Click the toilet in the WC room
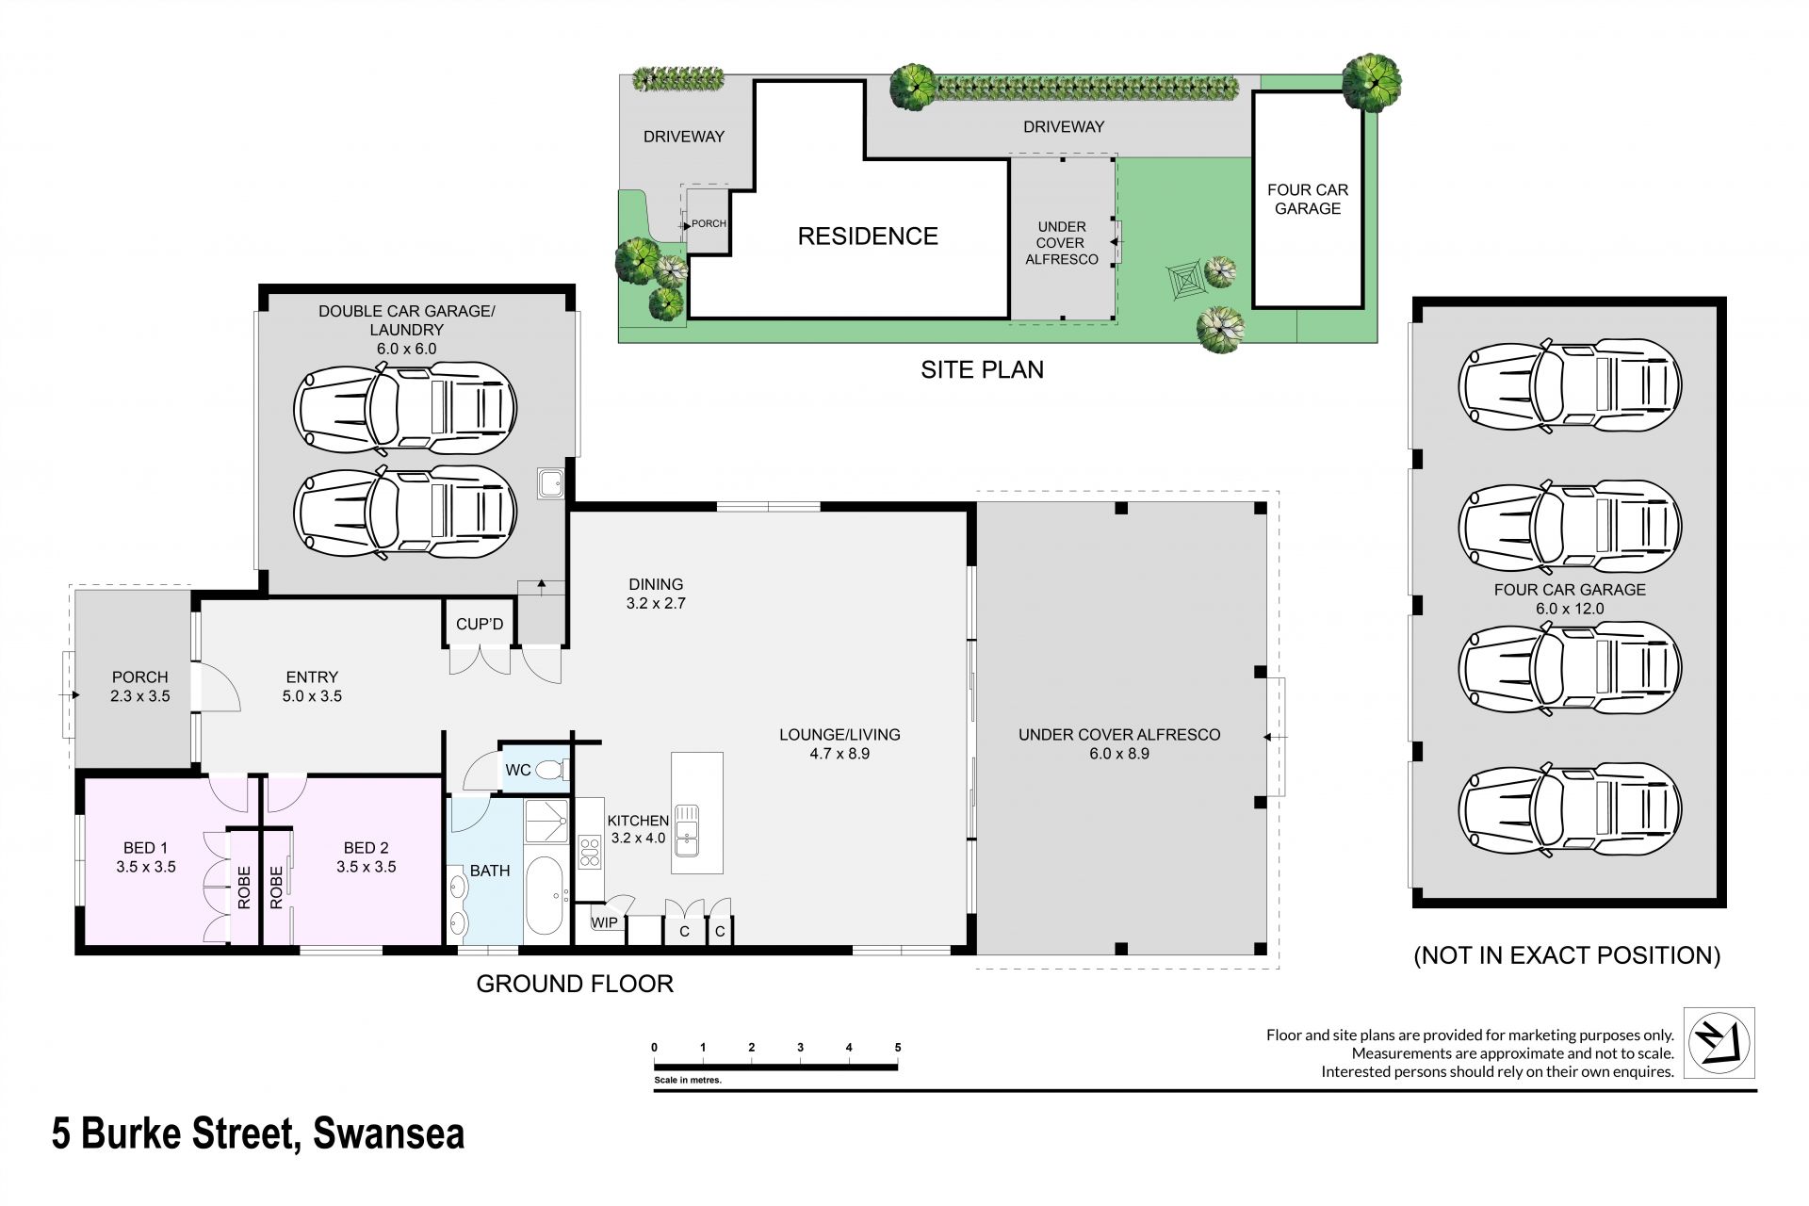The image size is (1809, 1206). (551, 771)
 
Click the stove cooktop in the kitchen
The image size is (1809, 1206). (590, 852)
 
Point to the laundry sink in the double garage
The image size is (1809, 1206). (551, 483)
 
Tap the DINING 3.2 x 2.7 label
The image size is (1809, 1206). (656, 594)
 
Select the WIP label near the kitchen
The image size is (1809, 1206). (605, 922)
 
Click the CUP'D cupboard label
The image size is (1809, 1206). (480, 624)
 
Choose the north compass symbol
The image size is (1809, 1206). (1719, 1043)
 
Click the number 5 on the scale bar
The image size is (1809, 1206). (898, 1048)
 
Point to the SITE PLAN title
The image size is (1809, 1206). (982, 369)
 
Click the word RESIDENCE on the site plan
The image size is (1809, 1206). (868, 236)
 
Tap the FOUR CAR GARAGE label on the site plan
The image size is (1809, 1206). (1308, 199)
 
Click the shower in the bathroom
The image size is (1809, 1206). (546, 821)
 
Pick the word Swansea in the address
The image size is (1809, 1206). (388, 1133)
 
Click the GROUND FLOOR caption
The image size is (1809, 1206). (575, 984)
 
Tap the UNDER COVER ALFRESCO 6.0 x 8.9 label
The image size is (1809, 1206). (1119, 744)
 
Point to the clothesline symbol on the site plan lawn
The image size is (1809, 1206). (1183, 281)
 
